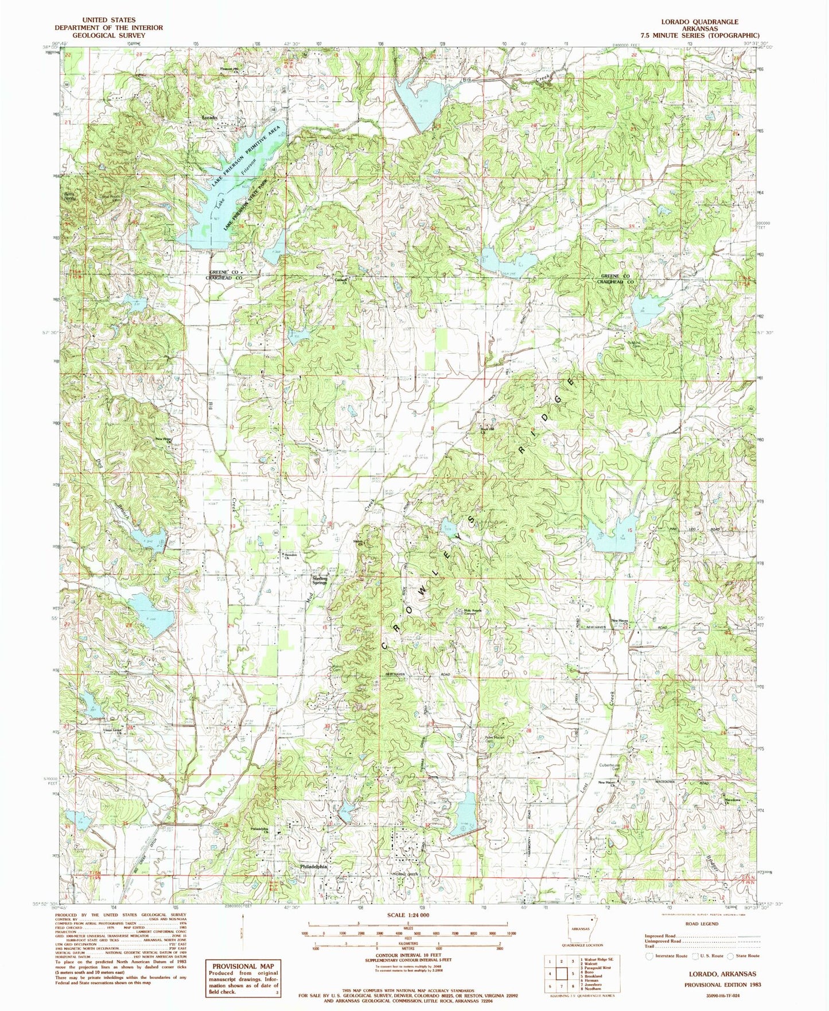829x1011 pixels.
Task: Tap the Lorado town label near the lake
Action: [x=209, y=117]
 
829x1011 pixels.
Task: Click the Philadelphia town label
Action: [x=313, y=867]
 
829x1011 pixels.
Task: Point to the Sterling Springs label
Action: [x=320, y=580]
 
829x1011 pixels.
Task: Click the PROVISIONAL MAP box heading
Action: [x=242, y=966]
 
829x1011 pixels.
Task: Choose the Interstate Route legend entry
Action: [x=666, y=956]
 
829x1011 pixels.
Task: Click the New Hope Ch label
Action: [x=164, y=440]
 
